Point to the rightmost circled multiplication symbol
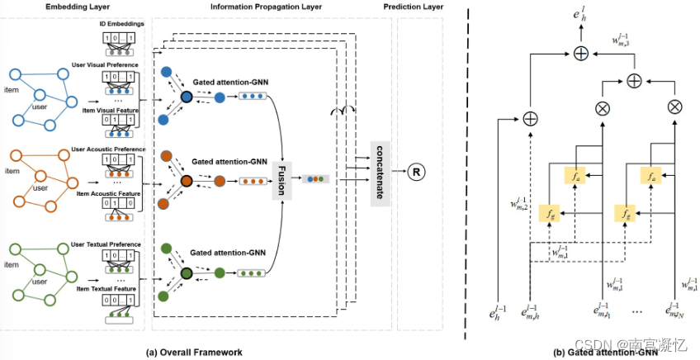tap(674, 106)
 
